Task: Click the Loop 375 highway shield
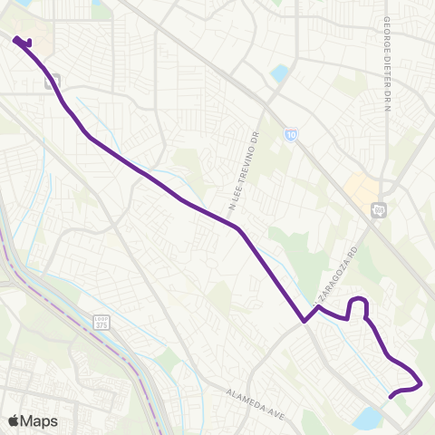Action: [x=101, y=323]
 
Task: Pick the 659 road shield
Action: [x=378, y=210]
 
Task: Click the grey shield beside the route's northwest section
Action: [x=52, y=81]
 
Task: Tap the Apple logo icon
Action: [x=14, y=420]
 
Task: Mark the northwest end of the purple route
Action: [x=16, y=38]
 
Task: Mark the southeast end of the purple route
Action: [x=391, y=396]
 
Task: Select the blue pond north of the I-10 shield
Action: [x=279, y=72]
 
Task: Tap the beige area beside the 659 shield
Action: [x=361, y=189]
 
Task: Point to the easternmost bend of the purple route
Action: [x=421, y=383]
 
